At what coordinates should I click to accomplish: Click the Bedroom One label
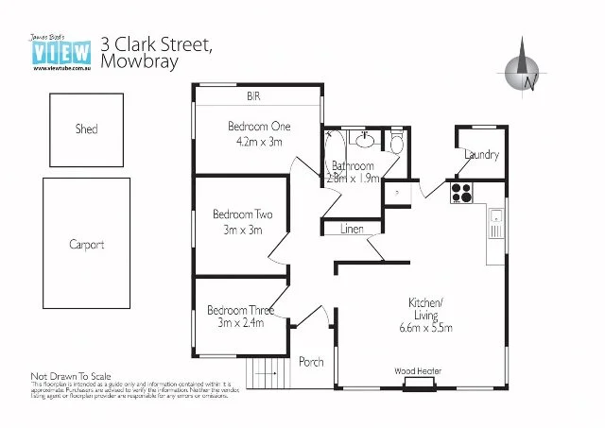point(258,126)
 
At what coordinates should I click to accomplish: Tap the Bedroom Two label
point(242,214)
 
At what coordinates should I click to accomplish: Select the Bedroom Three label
point(241,310)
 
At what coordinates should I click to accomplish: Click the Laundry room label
point(482,155)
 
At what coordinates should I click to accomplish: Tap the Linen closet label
point(352,229)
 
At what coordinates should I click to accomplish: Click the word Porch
point(311,362)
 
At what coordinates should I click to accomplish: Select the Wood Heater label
point(418,371)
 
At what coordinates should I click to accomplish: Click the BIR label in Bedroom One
point(253,96)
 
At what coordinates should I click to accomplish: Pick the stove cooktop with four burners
point(461,193)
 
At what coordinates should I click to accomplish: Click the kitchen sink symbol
point(495,225)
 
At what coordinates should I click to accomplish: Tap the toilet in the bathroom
point(396,143)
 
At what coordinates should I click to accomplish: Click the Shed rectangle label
point(86,129)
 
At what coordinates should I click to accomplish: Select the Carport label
point(86,245)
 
